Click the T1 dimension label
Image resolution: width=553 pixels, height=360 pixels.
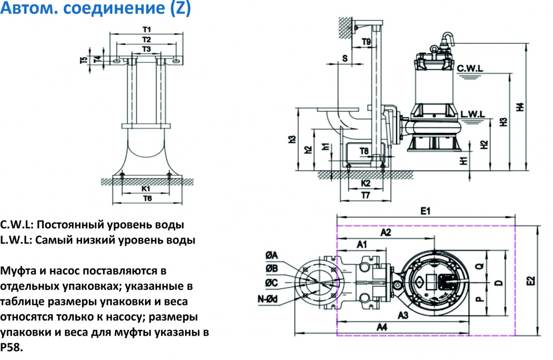146,29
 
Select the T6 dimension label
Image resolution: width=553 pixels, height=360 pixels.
146,199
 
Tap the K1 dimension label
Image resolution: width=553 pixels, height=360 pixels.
146,189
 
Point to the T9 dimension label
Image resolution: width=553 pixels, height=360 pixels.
366,42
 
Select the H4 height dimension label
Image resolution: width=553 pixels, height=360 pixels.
520,107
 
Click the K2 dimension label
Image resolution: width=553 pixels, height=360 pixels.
365,184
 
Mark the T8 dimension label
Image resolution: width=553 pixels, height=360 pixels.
364,151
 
